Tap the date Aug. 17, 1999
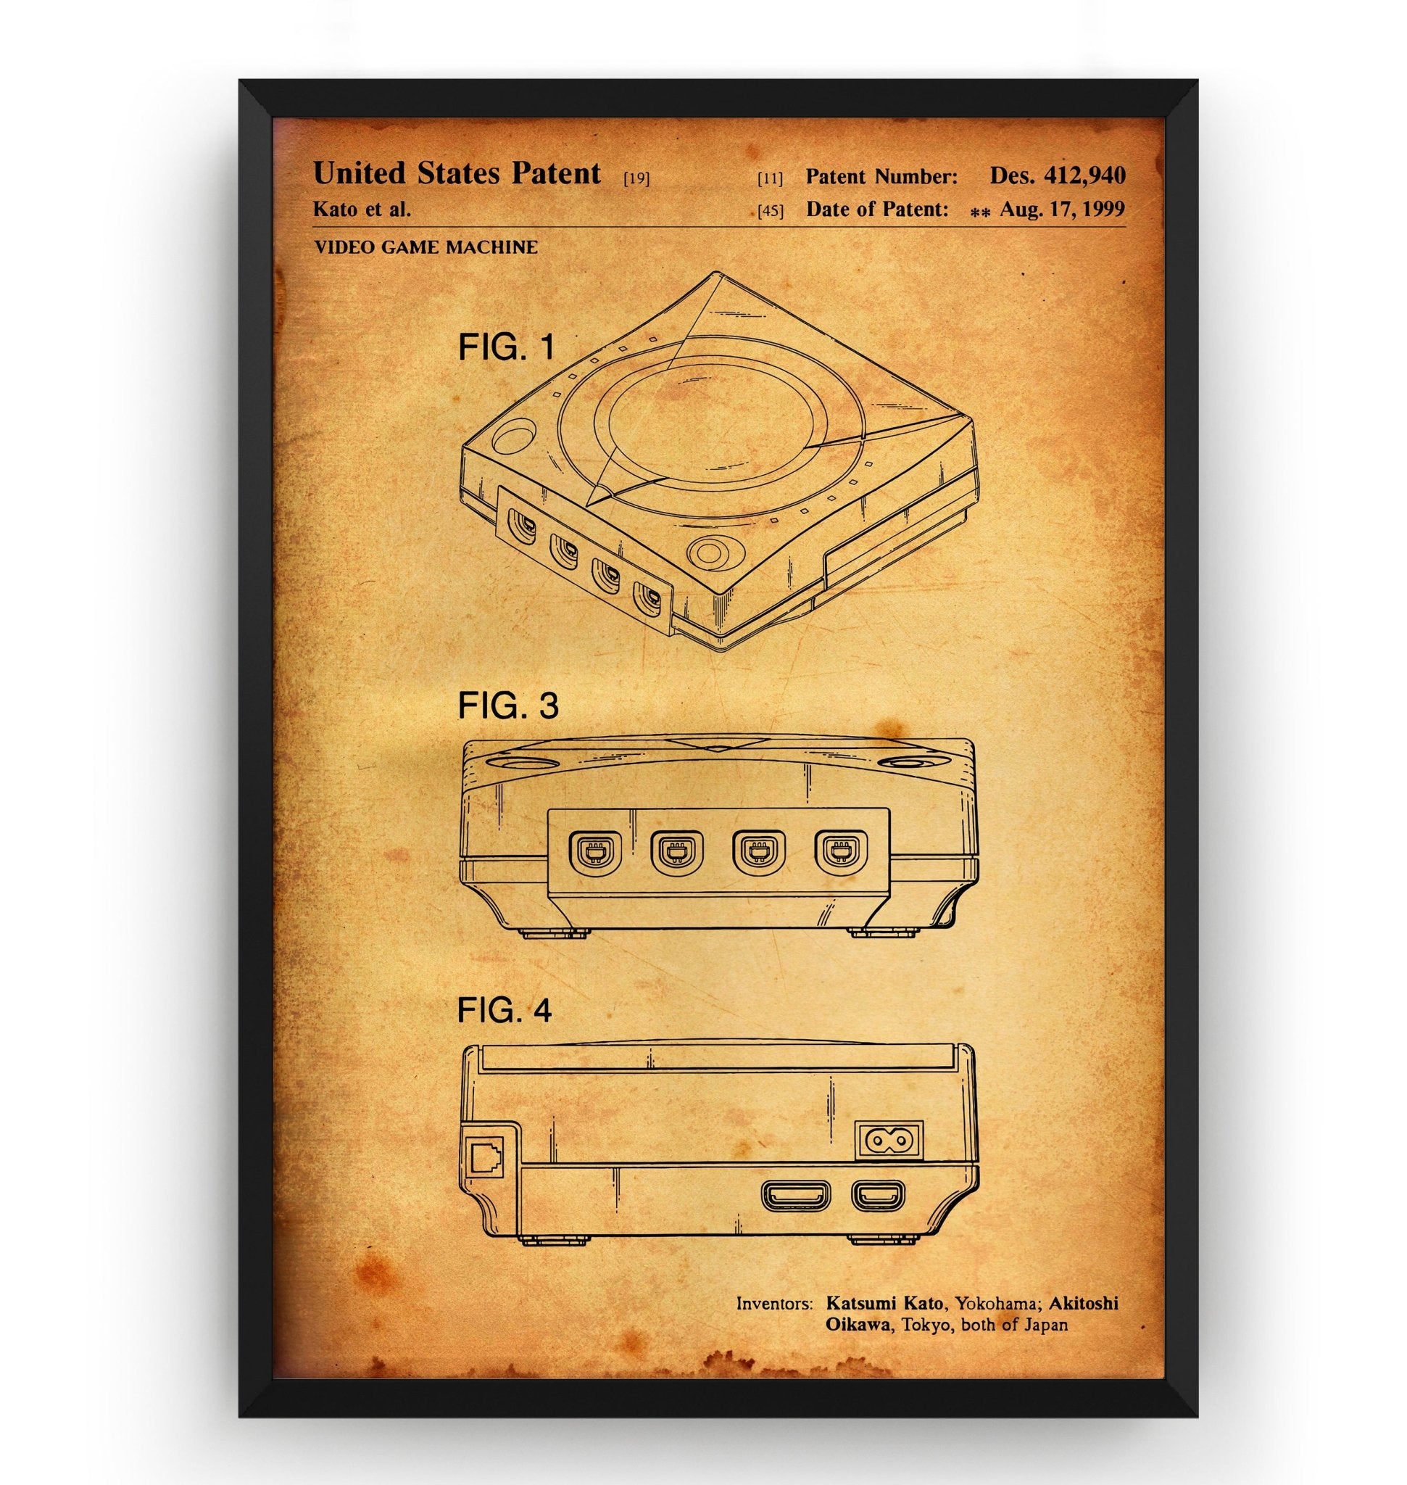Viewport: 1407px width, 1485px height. [1062, 210]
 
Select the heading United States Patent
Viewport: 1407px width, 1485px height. [457, 173]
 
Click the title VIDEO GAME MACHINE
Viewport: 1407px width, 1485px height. [426, 247]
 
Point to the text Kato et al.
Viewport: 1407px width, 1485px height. [362, 209]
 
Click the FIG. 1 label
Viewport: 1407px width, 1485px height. [507, 347]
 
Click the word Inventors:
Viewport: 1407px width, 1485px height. [774, 1304]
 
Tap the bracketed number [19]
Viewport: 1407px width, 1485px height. [636, 178]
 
